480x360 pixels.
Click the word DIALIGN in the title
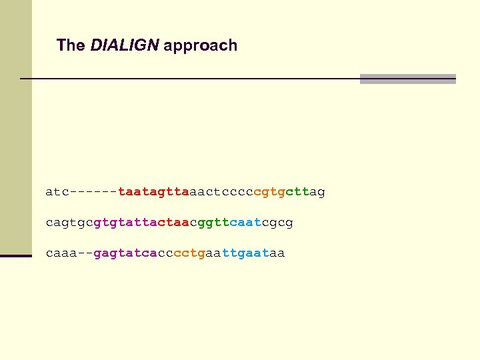(x=125, y=45)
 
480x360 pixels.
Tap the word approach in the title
(x=200, y=46)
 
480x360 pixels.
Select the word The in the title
(x=71, y=45)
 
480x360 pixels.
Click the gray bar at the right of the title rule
(x=407, y=79)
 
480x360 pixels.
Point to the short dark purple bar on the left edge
(x=16, y=255)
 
